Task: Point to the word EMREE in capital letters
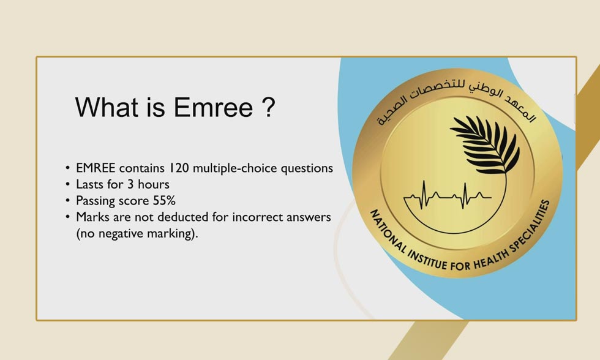tap(96, 168)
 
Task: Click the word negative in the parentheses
tap(118, 234)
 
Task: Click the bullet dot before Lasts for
tap(67, 185)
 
